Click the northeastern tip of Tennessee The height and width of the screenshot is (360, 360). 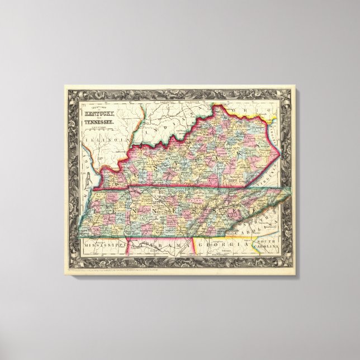tap(290, 190)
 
